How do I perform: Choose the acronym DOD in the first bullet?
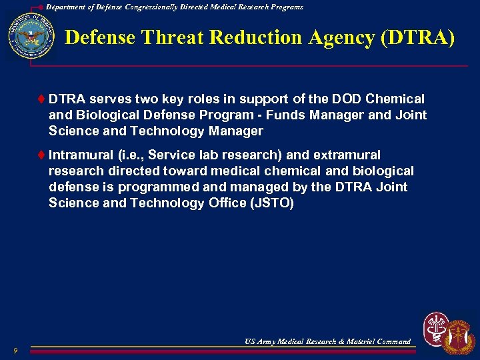point(329,99)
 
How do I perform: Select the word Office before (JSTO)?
point(225,203)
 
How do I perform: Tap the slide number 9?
point(14,351)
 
